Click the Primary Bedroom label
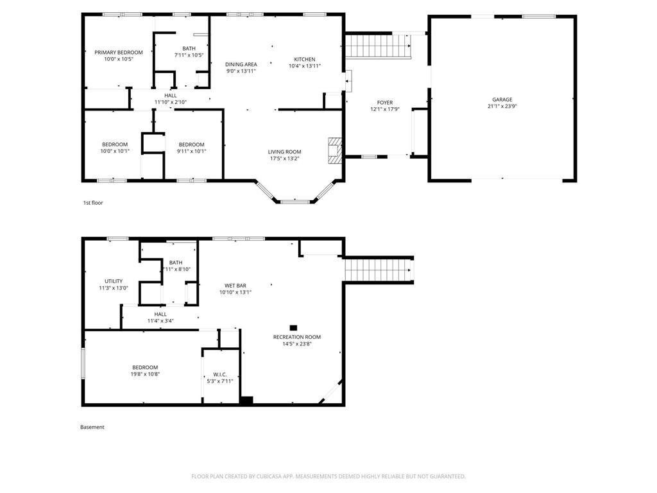coord(119,53)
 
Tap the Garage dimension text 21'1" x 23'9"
coord(502,107)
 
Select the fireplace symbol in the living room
coord(335,150)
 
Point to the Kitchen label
coord(305,59)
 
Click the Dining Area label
coord(241,64)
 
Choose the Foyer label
coord(385,102)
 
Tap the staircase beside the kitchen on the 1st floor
coord(377,46)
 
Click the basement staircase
coord(379,270)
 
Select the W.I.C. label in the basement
coord(220,374)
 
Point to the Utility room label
coord(114,281)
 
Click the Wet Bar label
coord(235,286)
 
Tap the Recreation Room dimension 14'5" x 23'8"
coord(297,344)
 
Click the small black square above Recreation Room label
coord(293,328)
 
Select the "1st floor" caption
coord(93,203)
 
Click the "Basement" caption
coord(92,427)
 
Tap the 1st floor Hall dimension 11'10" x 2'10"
coord(171,102)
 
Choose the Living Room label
coord(284,151)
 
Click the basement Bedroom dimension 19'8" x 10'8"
coord(145,374)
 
